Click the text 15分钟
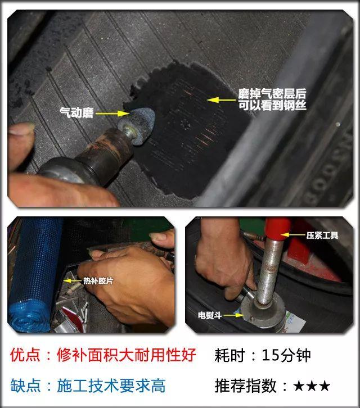coord(286,355)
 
